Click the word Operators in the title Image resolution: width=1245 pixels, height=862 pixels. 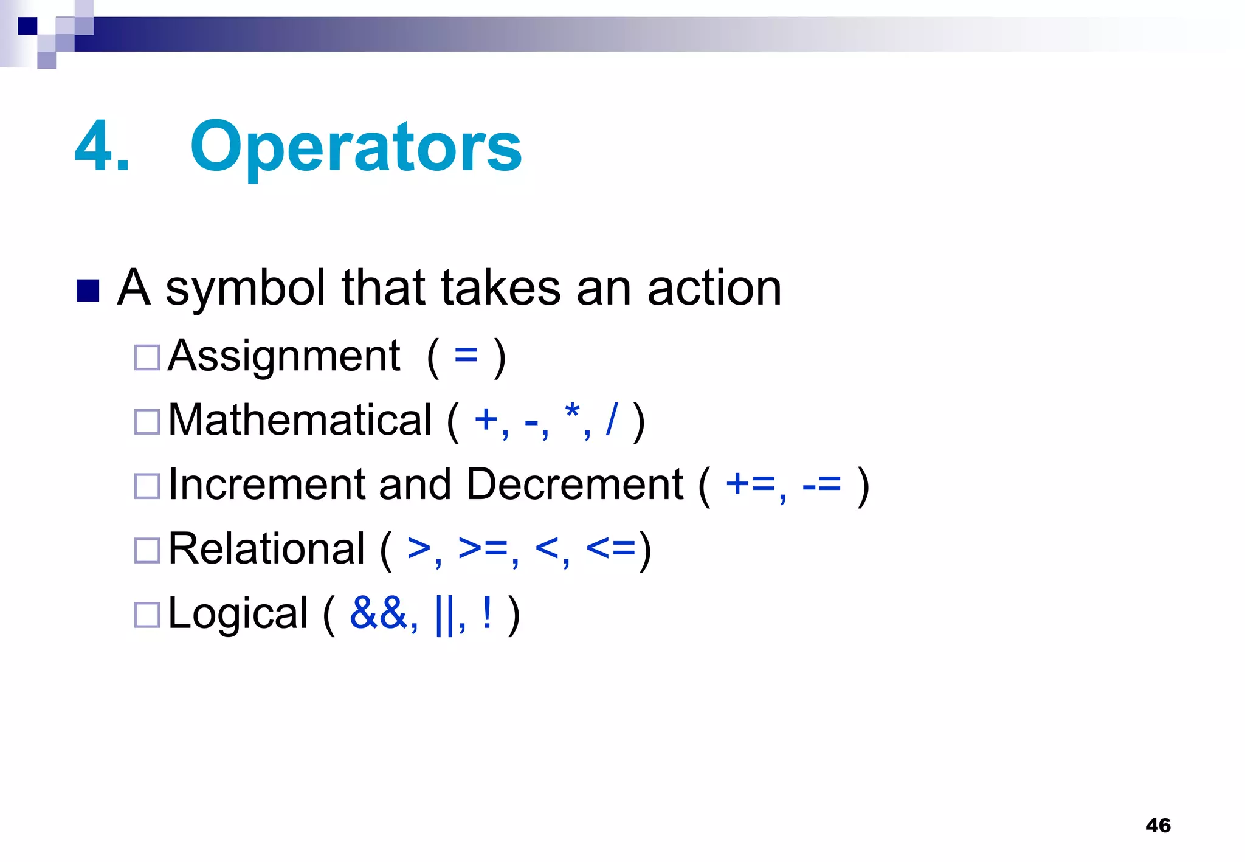pyautogui.click(x=356, y=148)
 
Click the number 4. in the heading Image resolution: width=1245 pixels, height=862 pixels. pyautogui.click(x=102, y=148)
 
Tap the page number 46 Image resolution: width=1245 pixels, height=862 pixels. pyautogui.click(x=1157, y=826)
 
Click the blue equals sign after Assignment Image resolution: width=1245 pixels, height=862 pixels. pyautogui.click(x=466, y=356)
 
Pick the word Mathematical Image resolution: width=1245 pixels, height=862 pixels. pyautogui.click(x=300, y=420)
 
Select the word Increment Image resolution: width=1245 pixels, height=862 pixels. pyautogui.click(x=266, y=484)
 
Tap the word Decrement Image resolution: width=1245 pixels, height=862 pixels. pyautogui.click(x=574, y=484)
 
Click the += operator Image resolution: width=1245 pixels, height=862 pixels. pyautogui.click(x=751, y=484)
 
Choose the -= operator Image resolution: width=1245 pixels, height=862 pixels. pyautogui.click(x=822, y=484)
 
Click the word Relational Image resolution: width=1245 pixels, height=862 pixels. pyautogui.click(x=266, y=549)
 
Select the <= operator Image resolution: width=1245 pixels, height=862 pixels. pyautogui.click(x=611, y=548)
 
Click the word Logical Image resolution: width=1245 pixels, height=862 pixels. pyautogui.click(x=238, y=613)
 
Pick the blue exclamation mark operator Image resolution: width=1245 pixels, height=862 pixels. pyautogui.click(x=487, y=613)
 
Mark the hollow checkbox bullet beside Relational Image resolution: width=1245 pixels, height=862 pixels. pyautogui.click(x=147, y=550)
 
